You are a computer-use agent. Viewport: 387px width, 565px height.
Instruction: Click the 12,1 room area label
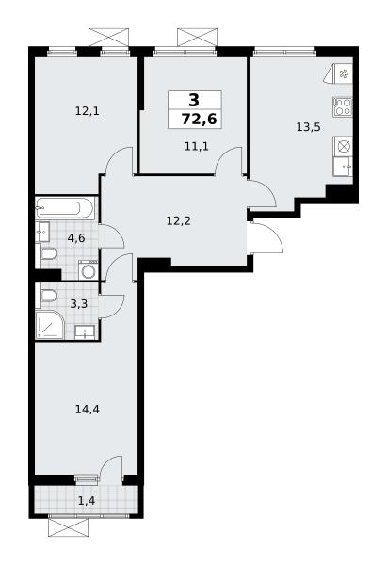[x=87, y=111]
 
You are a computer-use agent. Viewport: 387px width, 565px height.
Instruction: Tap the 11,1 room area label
[x=197, y=147]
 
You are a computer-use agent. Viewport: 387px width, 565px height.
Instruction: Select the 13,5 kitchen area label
[x=309, y=127]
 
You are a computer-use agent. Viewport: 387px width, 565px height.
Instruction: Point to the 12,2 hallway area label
[x=178, y=220]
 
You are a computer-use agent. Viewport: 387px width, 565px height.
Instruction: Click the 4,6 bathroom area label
[x=76, y=238]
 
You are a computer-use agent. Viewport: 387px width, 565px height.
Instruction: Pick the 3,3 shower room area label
[x=78, y=304]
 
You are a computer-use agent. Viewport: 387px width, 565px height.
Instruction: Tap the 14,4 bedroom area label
[x=88, y=409]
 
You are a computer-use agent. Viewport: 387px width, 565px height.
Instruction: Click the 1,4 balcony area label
[x=87, y=500]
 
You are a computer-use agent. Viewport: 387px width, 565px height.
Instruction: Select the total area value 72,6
[x=199, y=119]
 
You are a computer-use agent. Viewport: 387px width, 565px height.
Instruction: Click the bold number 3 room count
[x=194, y=100]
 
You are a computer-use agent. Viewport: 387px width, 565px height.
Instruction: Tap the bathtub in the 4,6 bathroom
[x=65, y=208]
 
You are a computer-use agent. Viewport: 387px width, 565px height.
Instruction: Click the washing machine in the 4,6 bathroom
[x=88, y=270]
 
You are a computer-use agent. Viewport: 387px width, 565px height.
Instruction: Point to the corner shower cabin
[x=50, y=325]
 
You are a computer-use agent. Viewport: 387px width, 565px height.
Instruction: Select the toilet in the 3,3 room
[x=48, y=295]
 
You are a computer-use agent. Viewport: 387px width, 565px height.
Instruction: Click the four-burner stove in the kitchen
[x=343, y=106]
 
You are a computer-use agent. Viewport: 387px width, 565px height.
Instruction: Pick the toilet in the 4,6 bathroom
[x=48, y=254]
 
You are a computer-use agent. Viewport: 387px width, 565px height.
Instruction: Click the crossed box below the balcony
[x=68, y=528]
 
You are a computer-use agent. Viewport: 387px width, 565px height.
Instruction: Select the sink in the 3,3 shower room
[x=85, y=331]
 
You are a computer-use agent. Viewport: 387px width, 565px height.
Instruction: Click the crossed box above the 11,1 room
[x=197, y=38]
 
